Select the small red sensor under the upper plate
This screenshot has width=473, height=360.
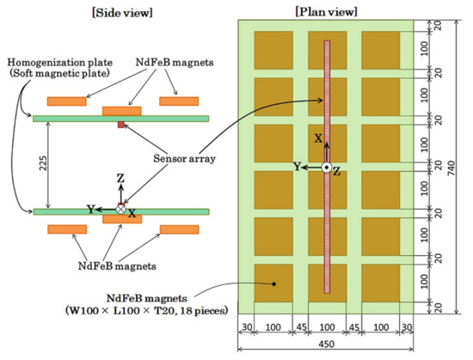(x=120, y=125)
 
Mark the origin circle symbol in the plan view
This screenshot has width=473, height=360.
(x=327, y=168)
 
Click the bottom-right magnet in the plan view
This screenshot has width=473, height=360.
(x=379, y=284)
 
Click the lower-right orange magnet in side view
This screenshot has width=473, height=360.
(x=180, y=230)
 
